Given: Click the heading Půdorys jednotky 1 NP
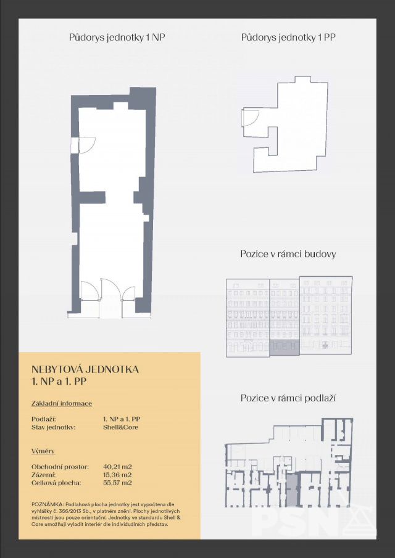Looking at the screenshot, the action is click(117, 38).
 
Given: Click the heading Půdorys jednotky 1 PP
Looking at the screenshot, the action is click(288, 38).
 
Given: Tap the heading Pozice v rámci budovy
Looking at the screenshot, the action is click(288, 254).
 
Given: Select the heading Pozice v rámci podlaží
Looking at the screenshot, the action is click(288, 398).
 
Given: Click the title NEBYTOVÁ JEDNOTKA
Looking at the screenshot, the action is click(85, 369).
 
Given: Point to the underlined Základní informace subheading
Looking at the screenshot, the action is click(62, 404).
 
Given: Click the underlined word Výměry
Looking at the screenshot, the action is click(43, 451).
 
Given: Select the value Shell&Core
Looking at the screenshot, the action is click(121, 427).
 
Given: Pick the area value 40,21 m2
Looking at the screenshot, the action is click(117, 467).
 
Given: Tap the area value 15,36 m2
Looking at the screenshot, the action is click(117, 475).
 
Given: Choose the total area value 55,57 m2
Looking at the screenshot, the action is click(117, 483).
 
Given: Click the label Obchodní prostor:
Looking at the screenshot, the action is click(60, 467).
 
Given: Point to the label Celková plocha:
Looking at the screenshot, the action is click(56, 483).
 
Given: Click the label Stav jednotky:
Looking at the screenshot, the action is click(54, 427).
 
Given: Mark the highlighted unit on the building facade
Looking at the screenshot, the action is click(285, 348).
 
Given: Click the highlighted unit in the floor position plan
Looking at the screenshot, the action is click(291, 490).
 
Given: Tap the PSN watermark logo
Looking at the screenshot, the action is click(314, 520).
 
